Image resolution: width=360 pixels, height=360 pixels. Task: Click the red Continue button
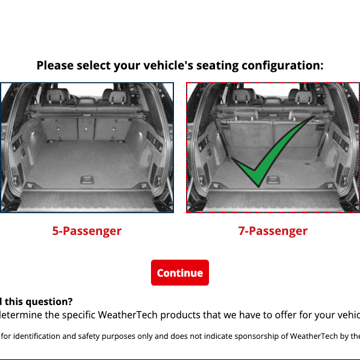pos(179,272)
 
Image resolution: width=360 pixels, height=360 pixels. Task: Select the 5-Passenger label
pos(86,231)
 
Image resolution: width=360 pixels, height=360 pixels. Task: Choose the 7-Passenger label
pos(272,231)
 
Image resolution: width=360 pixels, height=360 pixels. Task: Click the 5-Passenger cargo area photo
pos(87,147)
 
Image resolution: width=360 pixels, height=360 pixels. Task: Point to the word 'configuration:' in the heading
pos(275,65)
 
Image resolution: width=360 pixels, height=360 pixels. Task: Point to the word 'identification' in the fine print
pos(39,336)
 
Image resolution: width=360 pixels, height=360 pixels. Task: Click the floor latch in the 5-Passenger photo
pos(86,179)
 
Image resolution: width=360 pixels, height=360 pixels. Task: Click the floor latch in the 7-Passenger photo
pos(273,179)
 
